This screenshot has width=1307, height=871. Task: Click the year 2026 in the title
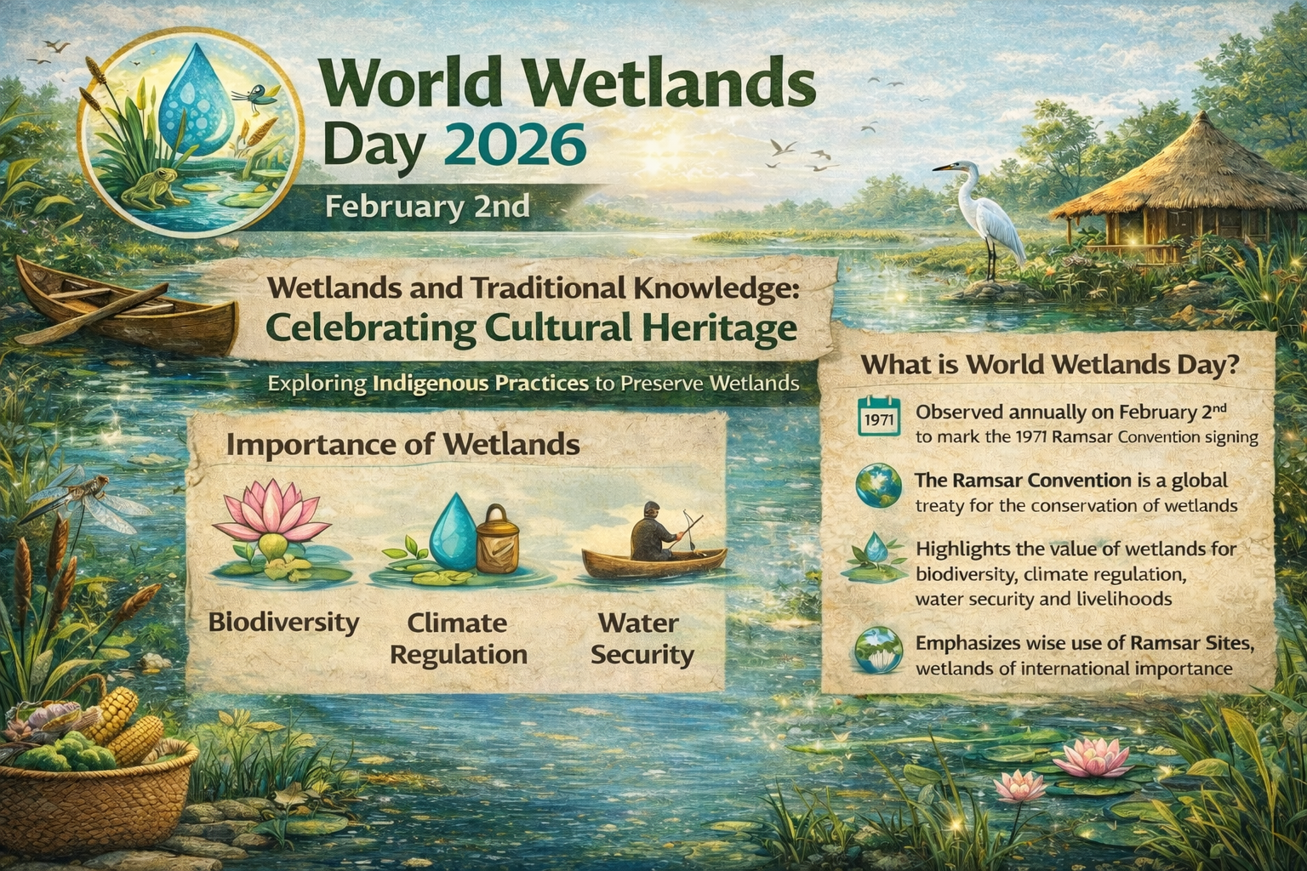point(518,145)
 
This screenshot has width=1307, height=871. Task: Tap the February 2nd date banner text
point(427,207)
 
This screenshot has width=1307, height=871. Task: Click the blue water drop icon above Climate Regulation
point(454,532)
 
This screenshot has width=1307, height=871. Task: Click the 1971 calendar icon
point(879,416)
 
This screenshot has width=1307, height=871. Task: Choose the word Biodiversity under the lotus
point(283,623)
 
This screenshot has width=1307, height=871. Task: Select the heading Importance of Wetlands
point(402,445)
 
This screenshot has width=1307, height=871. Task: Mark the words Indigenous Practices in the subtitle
point(480,384)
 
